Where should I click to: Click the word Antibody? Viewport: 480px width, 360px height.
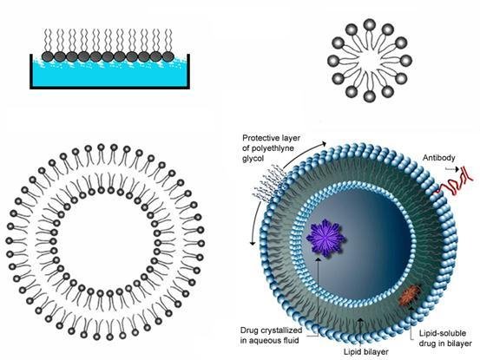[x=438, y=158]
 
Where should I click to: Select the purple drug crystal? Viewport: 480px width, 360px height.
[x=325, y=238]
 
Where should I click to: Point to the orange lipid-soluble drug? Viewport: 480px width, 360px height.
[x=411, y=295]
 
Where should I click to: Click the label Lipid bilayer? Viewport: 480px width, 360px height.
[x=365, y=351]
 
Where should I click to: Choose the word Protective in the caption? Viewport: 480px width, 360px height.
[x=259, y=138]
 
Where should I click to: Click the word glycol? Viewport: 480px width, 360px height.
[x=253, y=159]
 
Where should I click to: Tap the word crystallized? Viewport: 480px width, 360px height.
[x=283, y=331]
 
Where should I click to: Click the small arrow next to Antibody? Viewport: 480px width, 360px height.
[x=452, y=169]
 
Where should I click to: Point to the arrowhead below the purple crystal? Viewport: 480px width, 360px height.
[x=319, y=259]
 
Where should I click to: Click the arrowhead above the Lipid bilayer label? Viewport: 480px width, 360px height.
[x=361, y=320]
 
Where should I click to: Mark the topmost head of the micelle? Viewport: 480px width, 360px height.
[x=370, y=24]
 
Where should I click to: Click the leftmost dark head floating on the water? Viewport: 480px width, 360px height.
[x=48, y=56]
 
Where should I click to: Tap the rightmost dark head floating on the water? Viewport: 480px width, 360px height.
[x=168, y=56]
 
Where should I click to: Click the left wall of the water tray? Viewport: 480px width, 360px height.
[x=31, y=71]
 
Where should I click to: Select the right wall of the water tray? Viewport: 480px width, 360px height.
[x=188, y=71]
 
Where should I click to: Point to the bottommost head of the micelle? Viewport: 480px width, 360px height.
[x=370, y=96]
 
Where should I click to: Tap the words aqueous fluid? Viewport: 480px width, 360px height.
[x=269, y=340]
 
